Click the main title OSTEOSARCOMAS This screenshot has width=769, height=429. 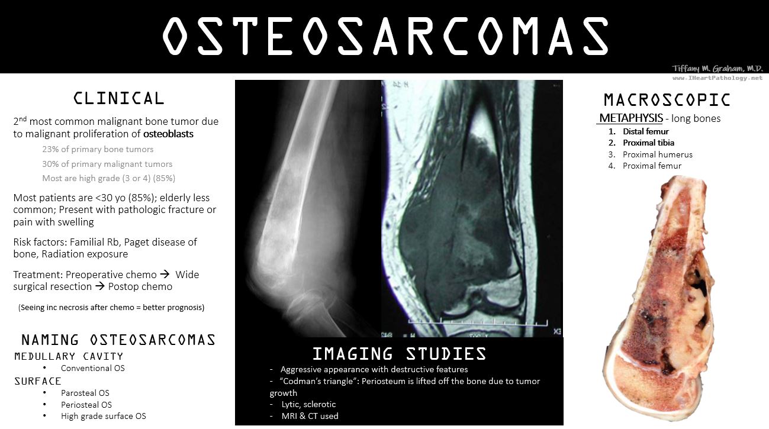tap(385, 36)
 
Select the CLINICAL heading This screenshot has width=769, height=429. tap(118, 98)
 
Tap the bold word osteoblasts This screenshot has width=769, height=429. tap(168, 134)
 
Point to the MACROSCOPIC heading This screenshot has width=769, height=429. tap(667, 100)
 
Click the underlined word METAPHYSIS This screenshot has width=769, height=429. tap(631, 118)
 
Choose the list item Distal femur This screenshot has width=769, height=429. tap(645, 131)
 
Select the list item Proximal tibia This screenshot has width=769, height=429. tap(648, 143)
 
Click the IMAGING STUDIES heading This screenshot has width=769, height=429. tap(399, 354)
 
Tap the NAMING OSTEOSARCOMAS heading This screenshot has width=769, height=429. tap(118, 340)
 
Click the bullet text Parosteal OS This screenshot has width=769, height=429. tap(85, 393)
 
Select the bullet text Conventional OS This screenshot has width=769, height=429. tap(93, 368)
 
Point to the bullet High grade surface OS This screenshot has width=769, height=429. tap(104, 416)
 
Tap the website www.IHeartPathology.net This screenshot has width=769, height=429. tap(717, 78)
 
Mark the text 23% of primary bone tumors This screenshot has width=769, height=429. tap(98, 149)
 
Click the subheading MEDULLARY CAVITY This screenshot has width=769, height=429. tap(69, 356)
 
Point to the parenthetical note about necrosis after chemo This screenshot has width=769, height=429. tap(111, 307)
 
